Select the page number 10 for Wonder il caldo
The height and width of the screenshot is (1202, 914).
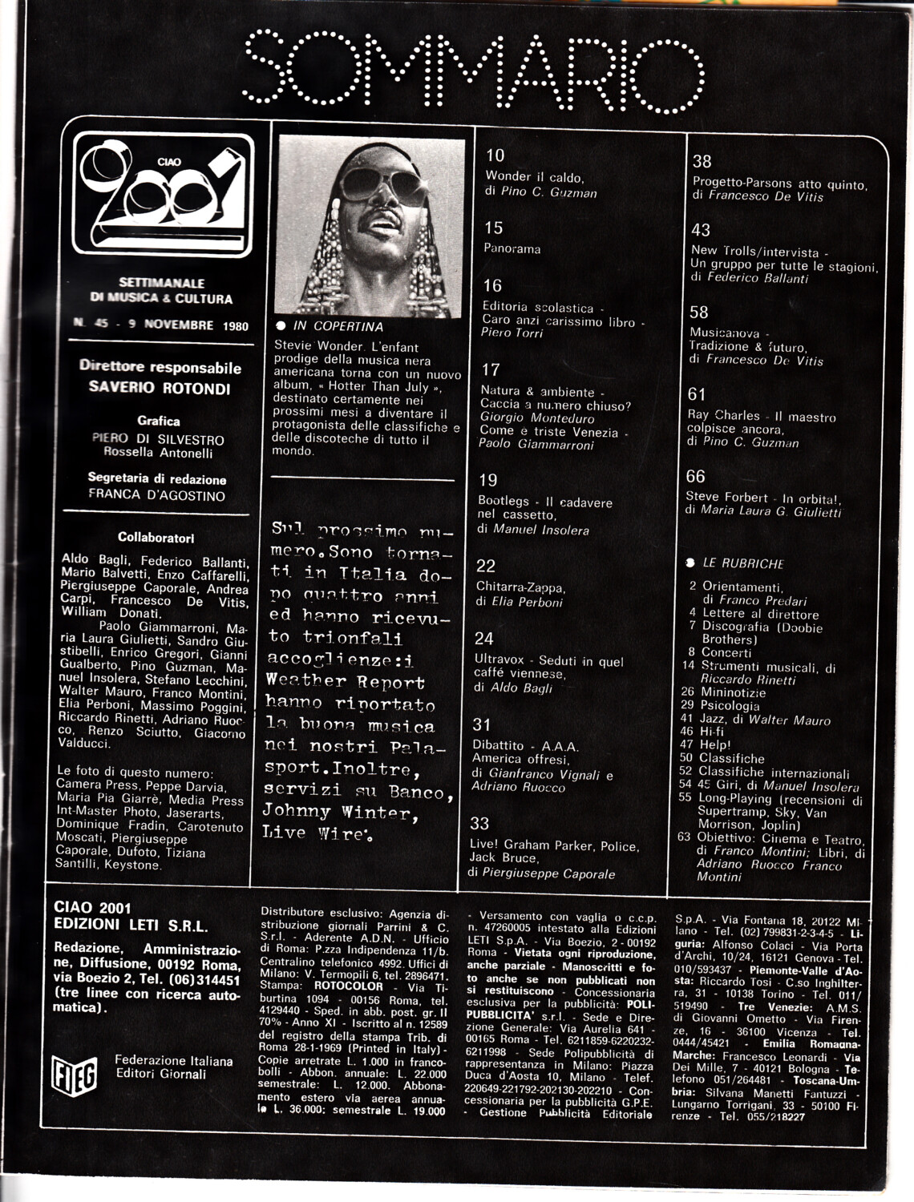495,155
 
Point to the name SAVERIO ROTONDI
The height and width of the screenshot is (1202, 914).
160,389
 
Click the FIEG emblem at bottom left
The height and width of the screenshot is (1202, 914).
74,1075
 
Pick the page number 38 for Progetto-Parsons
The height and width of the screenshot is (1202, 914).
702,162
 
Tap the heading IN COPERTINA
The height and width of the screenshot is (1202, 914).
338,326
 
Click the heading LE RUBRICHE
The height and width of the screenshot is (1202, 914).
742,563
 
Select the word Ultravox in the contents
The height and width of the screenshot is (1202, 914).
498,661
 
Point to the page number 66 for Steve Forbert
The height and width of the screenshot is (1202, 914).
695,477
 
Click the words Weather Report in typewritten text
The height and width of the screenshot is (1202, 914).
345,682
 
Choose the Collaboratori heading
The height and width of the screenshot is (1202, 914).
156,538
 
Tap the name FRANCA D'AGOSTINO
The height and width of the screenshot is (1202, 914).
156,495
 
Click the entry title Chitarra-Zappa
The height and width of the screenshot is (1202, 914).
520,587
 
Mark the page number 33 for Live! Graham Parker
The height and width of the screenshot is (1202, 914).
479,823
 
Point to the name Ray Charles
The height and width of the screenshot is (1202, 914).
723,415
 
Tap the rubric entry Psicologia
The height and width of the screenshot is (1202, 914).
730,706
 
